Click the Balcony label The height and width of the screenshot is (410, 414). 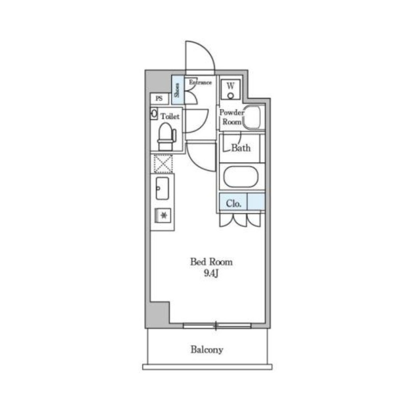click(x=207, y=349)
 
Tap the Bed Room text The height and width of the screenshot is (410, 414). click(x=211, y=262)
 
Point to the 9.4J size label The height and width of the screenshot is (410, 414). click(x=211, y=273)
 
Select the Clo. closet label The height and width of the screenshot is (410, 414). click(x=234, y=203)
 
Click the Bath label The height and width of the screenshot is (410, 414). click(x=241, y=148)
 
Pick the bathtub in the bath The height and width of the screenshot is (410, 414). click(x=240, y=177)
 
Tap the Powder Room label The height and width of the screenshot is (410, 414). click(x=232, y=117)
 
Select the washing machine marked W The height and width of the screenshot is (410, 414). click(x=231, y=89)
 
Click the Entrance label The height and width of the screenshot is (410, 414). click(x=200, y=82)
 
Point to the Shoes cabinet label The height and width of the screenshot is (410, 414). click(x=177, y=90)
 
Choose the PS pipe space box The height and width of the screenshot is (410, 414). click(x=159, y=98)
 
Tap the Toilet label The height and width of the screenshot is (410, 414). click(x=170, y=116)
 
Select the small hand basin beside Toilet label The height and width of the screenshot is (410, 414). click(x=154, y=114)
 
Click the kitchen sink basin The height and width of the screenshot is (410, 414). click(x=162, y=188)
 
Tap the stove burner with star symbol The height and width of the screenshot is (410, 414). click(x=163, y=215)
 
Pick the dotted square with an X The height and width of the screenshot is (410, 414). click(x=163, y=164)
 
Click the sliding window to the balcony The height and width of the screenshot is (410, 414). click(x=217, y=325)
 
